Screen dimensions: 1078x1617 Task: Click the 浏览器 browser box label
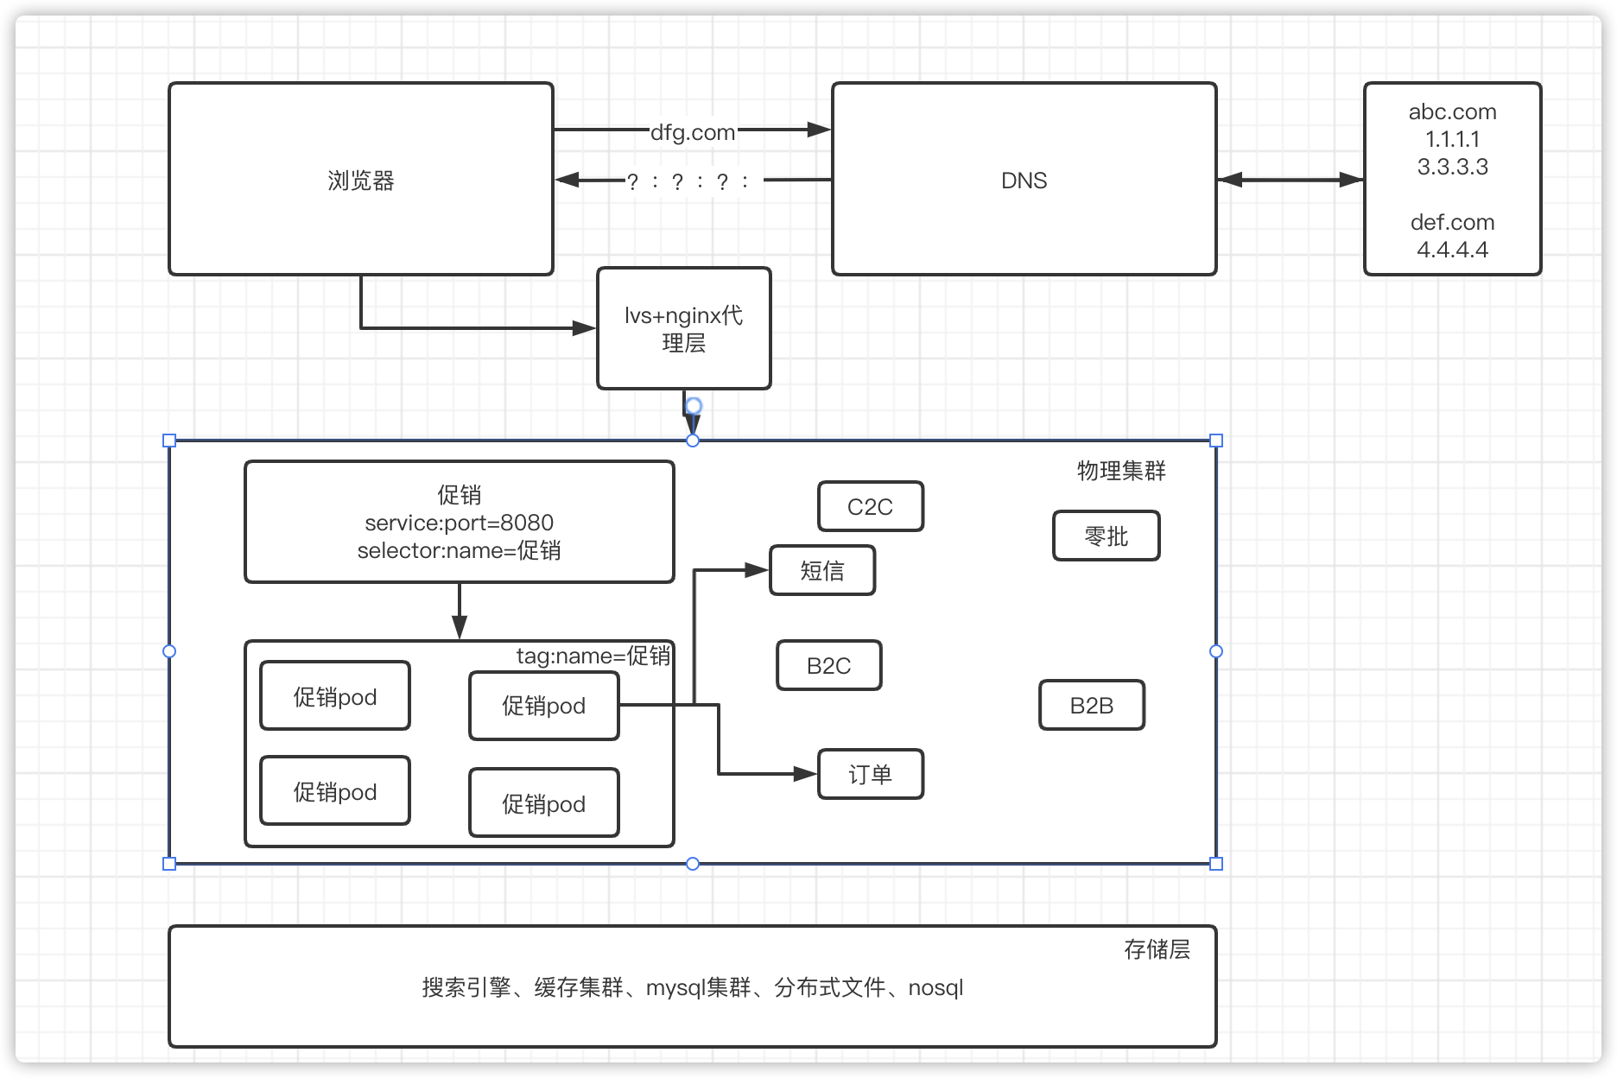click(361, 181)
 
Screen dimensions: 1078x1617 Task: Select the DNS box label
click(1024, 181)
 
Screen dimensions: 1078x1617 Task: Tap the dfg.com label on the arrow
click(692, 132)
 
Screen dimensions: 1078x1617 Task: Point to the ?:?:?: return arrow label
click(688, 181)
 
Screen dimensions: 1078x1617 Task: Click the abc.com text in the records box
click(1452, 112)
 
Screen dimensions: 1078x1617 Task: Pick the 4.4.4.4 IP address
click(1452, 250)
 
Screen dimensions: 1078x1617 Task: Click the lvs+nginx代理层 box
click(683, 328)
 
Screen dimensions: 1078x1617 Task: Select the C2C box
click(870, 507)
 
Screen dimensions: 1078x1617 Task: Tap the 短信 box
click(821, 570)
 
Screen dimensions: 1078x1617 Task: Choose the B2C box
click(828, 665)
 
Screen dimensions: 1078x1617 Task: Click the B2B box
click(1091, 706)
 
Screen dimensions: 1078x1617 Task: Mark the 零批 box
click(1106, 536)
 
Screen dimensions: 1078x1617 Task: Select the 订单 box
click(870, 775)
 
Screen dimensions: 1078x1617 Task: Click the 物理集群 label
click(1120, 471)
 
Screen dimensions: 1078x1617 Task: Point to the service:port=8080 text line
click(459, 523)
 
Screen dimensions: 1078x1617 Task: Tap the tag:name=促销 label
click(593, 656)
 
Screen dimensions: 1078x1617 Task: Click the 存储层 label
click(1156, 950)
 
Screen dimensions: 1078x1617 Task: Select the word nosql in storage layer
click(935, 988)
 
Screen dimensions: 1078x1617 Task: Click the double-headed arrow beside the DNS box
click(1290, 181)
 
